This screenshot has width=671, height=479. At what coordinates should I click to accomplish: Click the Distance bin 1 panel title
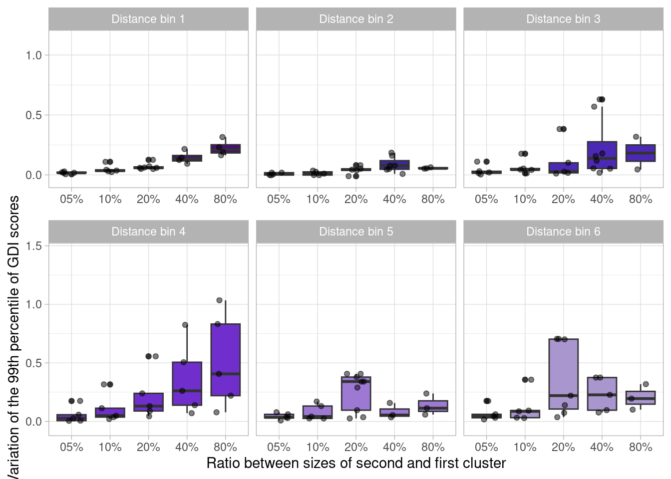[x=148, y=19]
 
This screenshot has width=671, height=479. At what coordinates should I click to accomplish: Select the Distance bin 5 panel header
[x=356, y=232]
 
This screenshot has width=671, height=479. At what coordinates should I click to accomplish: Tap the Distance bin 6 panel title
[x=563, y=232]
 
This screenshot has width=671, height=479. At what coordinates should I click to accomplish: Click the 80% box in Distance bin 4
[x=226, y=359]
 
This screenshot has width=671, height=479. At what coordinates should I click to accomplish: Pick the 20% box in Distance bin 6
[x=563, y=374]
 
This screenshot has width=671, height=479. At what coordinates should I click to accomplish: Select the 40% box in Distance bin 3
[x=602, y=155]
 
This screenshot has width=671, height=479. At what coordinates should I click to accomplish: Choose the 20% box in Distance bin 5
[x=356, y=393]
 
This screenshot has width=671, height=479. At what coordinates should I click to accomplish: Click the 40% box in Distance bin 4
[x=187, y=383]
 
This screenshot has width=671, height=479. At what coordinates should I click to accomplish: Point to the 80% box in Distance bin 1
[x=226, y=149]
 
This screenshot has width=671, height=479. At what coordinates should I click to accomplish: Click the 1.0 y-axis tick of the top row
[x=34, y=55]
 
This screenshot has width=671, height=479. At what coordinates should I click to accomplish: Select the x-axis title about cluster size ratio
[x=356, y=463]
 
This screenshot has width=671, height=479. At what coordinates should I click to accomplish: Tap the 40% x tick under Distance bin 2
[x=394, y=199]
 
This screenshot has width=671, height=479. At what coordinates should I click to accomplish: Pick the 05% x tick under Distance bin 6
[x=486, y=447]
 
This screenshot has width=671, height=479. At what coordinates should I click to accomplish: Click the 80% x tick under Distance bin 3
[x=641, y=199]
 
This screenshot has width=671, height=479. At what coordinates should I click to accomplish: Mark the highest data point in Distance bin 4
[x=219, y=300]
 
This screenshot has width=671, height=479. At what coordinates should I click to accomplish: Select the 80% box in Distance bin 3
[x=641, y=153]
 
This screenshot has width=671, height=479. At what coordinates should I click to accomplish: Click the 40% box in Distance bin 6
[x=602, y=394]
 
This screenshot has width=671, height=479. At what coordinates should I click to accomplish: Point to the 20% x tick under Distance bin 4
[x=148, y=447]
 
